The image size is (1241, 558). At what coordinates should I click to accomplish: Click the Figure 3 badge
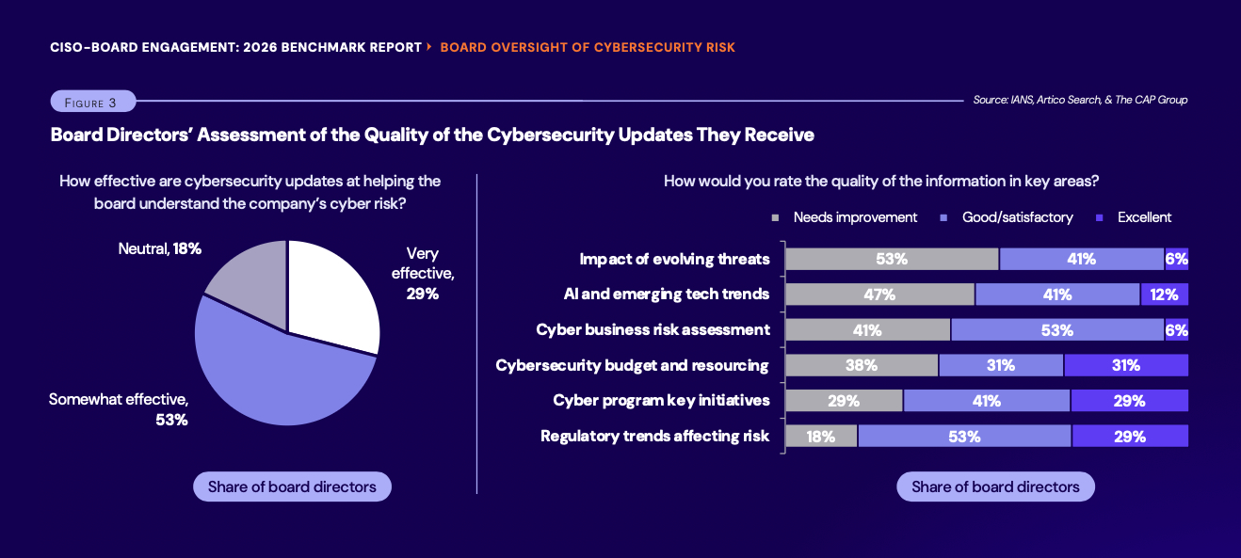(92, 102)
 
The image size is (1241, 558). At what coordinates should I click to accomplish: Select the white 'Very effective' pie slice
(330, 292)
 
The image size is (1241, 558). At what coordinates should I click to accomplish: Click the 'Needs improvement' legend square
(776, 217)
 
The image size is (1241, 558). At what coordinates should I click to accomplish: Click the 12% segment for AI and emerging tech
(1164, 295)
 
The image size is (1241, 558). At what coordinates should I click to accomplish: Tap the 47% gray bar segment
(879, 295)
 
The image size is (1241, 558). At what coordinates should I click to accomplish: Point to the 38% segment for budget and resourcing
(862, 365)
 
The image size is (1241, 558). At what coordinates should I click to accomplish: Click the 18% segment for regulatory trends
(821, 437)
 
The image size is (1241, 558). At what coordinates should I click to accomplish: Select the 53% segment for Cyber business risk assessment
(1057, 330)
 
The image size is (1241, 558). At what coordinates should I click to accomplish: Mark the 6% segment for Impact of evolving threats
(1176, 260)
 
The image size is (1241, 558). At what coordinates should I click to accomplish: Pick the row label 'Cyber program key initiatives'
(661, 401)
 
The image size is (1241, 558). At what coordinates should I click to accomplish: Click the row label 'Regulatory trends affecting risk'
(654, 437)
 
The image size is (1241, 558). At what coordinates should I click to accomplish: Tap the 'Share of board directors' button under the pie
(292, 486)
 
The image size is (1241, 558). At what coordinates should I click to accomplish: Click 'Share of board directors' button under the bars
(995, 486)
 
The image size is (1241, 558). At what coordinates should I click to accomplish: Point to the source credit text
(1080, 100)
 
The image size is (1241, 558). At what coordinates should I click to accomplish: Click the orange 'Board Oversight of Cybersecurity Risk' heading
(588, 47)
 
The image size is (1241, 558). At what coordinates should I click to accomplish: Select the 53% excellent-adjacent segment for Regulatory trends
(964, 437)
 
